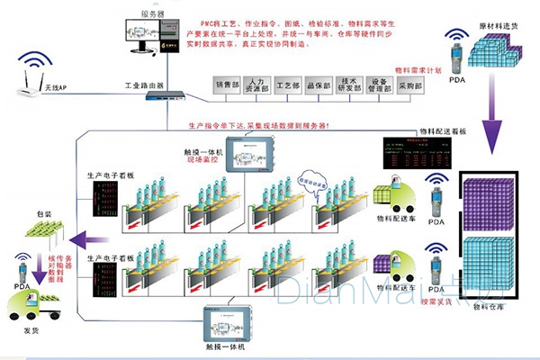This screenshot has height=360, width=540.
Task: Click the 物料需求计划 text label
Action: pyautogui.click(x=419, y=69)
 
